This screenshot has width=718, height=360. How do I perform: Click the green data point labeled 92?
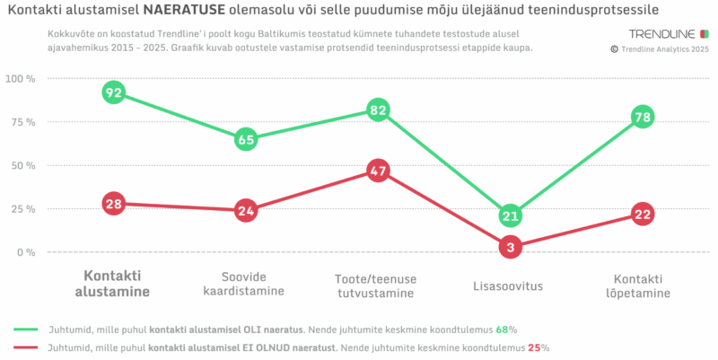tap(113, 92)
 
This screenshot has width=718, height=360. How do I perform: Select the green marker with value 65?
tap(246, 139)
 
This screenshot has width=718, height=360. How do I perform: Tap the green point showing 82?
tap(378, 110)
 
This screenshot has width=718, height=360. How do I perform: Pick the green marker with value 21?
tap(510, 215)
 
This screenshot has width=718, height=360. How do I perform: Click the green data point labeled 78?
tap(642, 117)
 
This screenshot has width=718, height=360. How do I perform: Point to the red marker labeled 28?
tap(113, 204)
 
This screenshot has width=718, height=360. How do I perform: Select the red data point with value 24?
tap(246, 211)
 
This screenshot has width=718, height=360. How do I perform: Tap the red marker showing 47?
tap(378, 171)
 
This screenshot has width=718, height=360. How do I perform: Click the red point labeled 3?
tap(510, 247)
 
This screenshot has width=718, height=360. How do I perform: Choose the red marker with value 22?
tap(642, 214)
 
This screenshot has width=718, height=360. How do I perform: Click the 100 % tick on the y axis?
tap(19, 79)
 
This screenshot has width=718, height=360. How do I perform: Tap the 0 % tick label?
tap(24, 252)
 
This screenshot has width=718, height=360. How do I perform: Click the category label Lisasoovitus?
tap(510, 286)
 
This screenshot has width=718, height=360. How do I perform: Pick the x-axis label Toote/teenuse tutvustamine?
tap(378, 285)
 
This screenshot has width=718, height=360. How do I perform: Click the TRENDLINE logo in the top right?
tap(661, 35)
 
